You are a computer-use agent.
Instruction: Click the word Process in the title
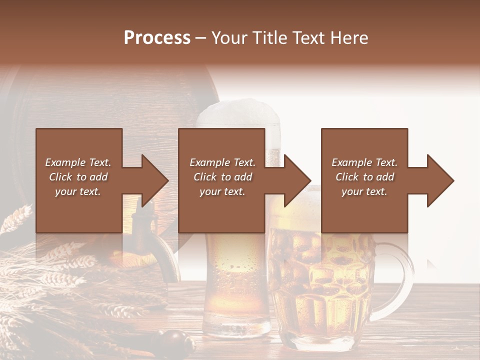(157, 38)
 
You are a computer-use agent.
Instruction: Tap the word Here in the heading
(349, 38)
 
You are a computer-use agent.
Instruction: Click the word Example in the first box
(65, 162)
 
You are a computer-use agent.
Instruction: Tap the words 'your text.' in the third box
(364, 191)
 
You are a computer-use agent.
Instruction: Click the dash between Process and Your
(200, 38)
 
